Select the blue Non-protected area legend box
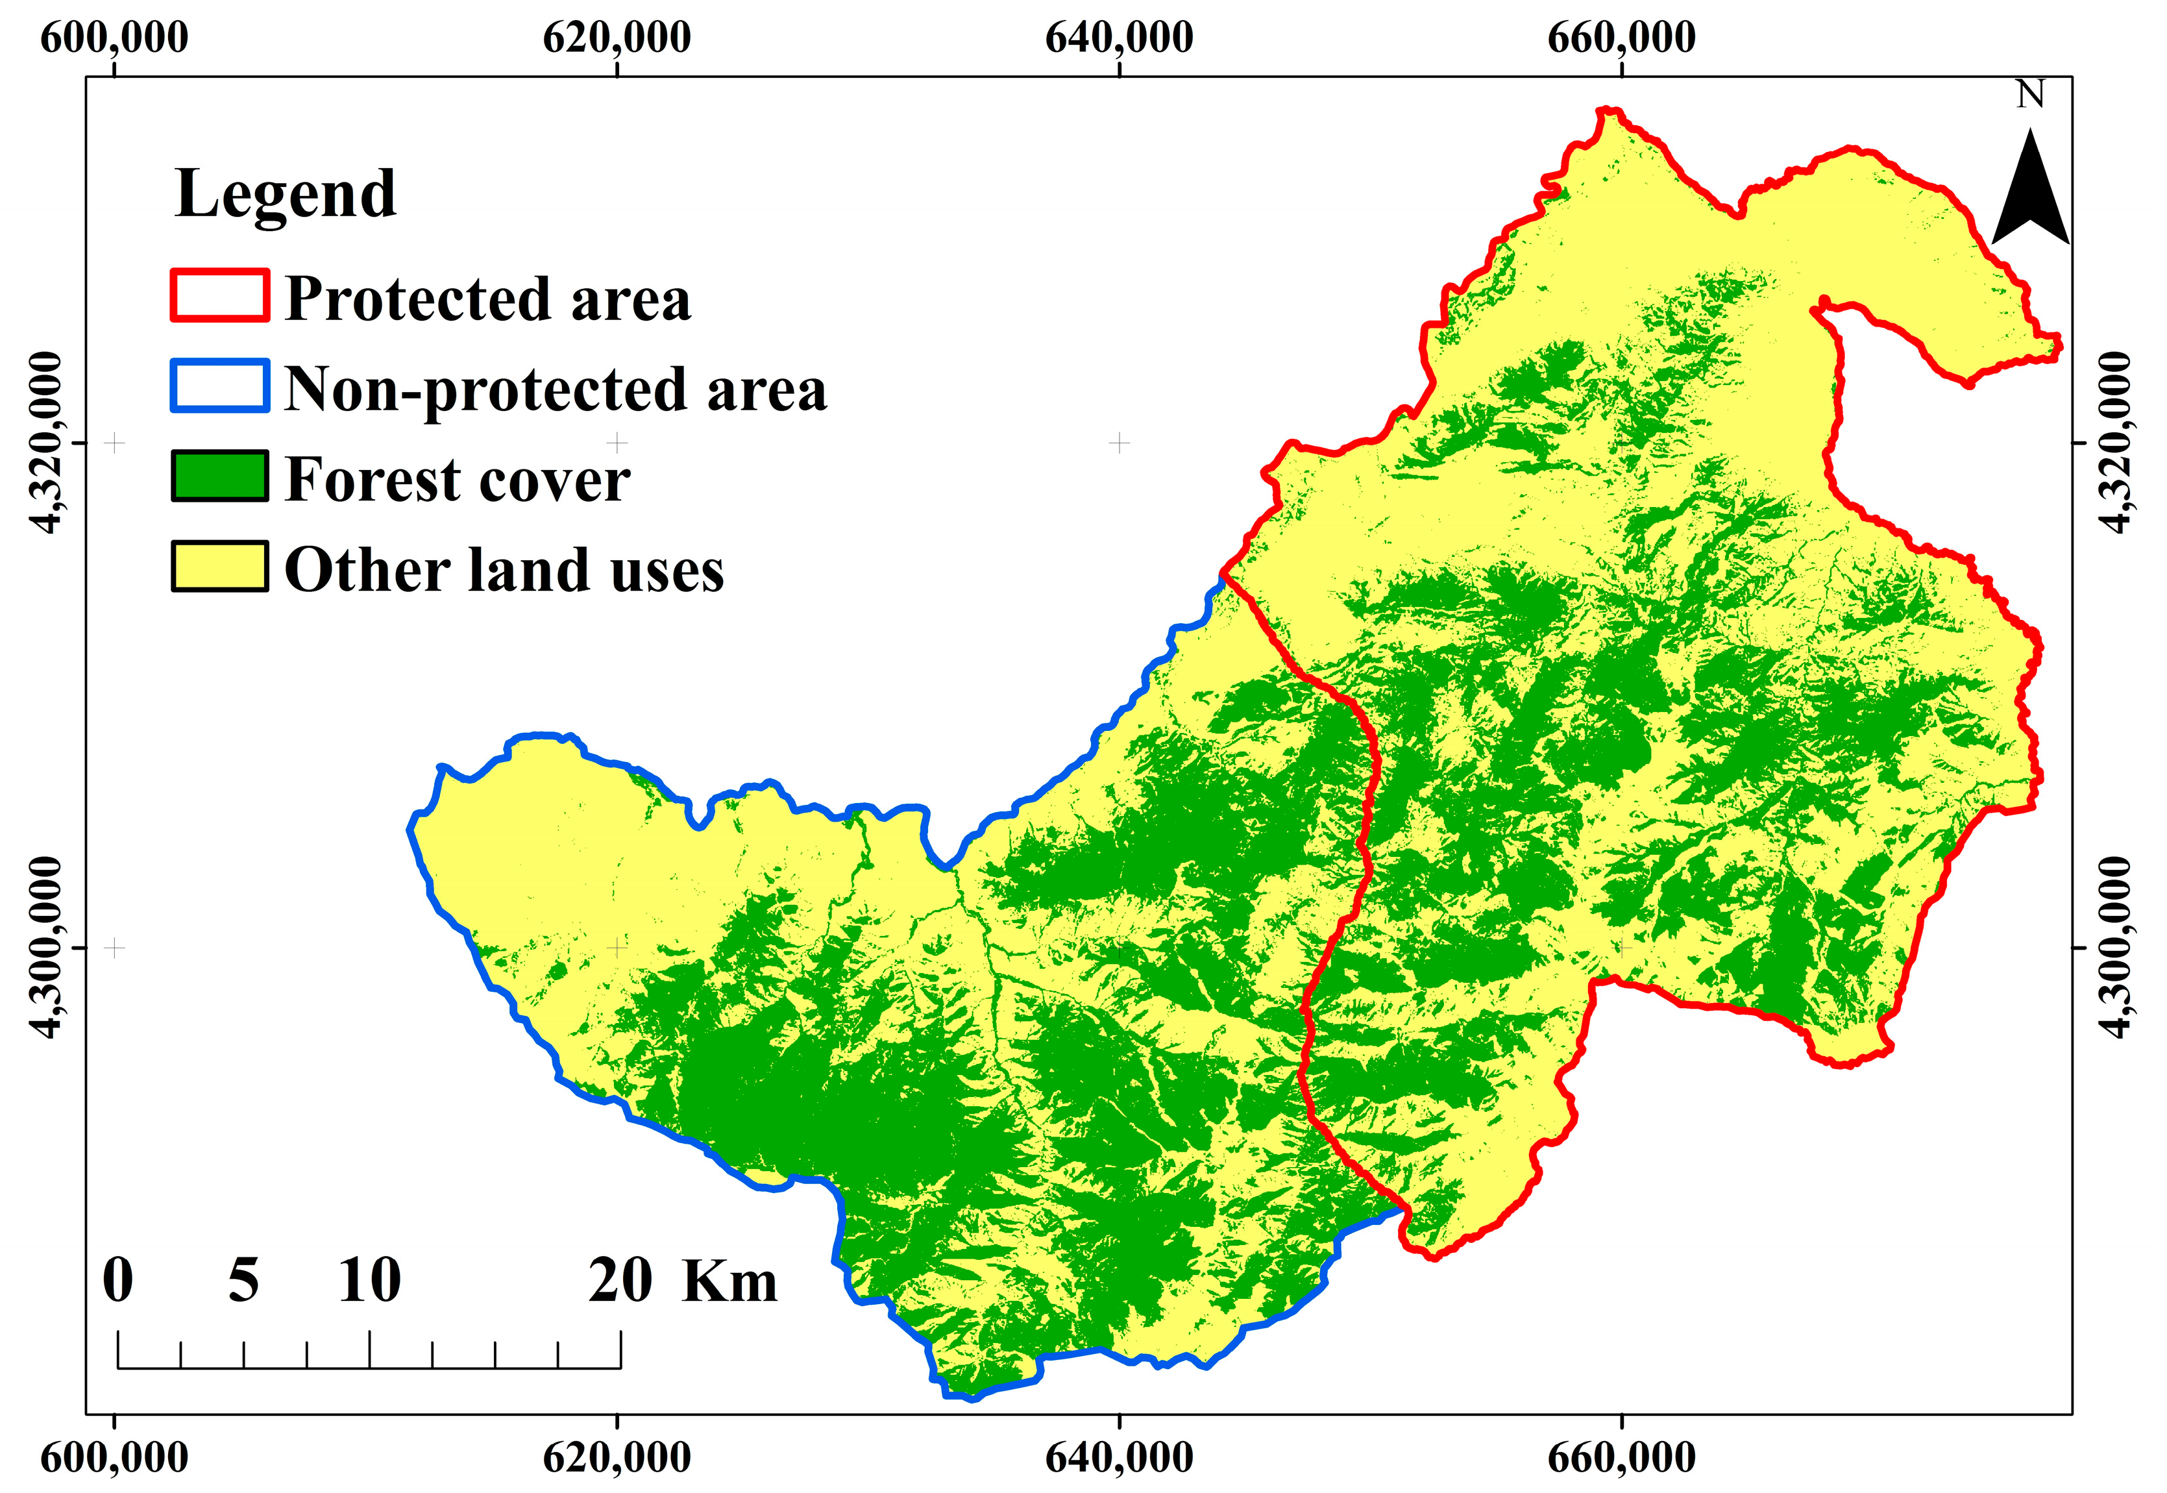220,386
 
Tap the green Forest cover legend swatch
220,476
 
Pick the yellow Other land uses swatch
220,566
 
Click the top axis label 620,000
617,38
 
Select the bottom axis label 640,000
1119,1457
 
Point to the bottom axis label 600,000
114,1457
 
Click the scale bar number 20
620,1281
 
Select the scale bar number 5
243,1281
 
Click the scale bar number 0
118,1281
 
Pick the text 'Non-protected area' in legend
556,388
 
